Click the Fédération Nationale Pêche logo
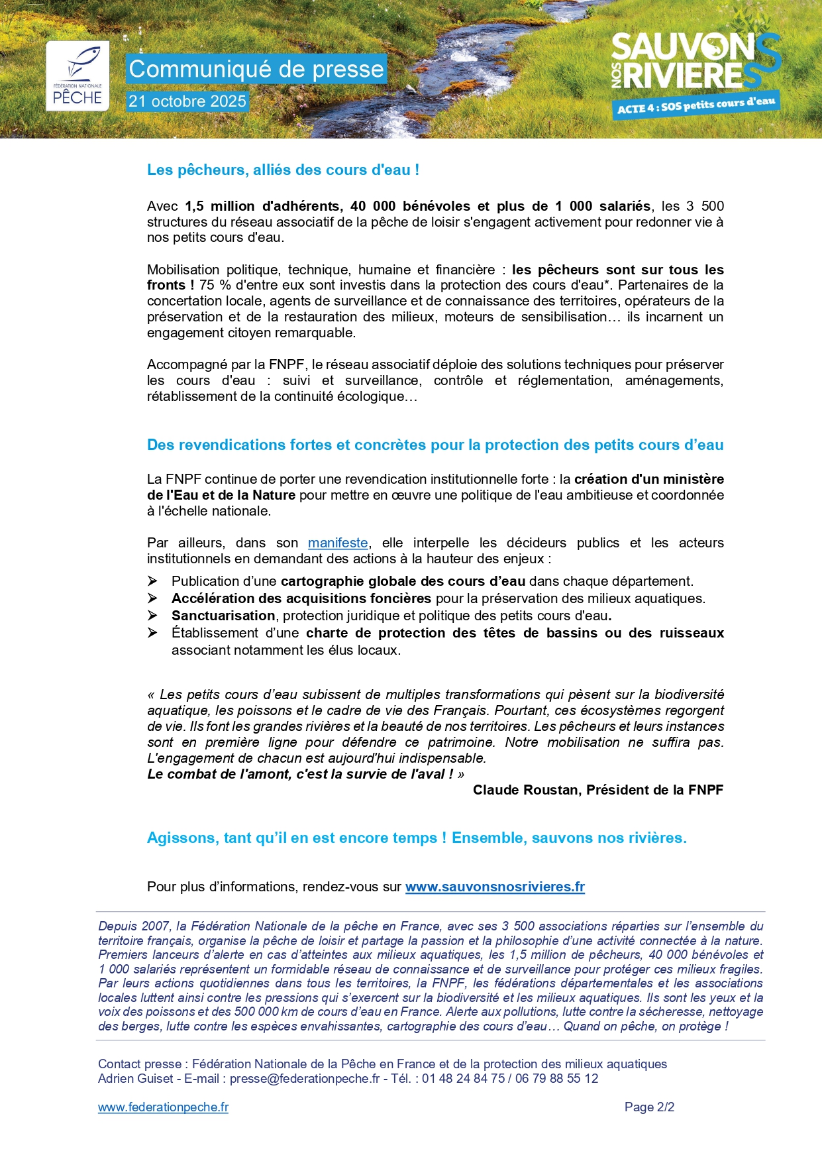pos(77,76)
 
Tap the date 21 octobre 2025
pos(187,101)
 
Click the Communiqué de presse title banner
pos(256,69)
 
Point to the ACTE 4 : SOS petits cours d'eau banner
pos(695,105)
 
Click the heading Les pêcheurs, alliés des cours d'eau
pos(283,170)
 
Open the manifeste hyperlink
pos(338,543)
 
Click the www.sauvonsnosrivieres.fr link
pos(495,887)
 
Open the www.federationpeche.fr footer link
pos(163,1107)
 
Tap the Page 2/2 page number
pos(649,1107)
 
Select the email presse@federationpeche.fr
pos(305,1078)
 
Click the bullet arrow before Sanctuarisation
pos(152,616)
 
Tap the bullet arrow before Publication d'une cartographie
pos(152,581)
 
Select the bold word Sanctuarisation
pos(223,616)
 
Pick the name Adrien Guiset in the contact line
pos(135,1078)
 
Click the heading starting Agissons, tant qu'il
pos(417,838)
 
